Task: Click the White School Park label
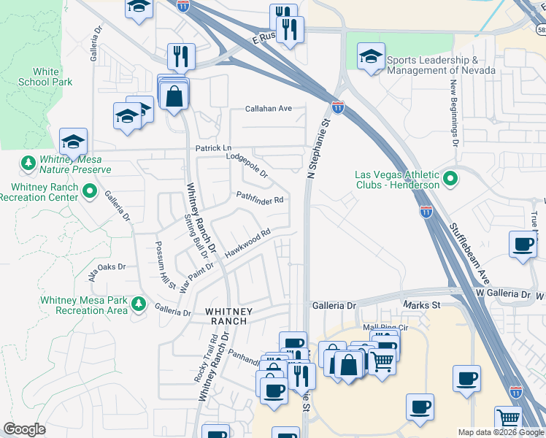point(53,77)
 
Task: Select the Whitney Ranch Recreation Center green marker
point(91,192)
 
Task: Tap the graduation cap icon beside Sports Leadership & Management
point(371,55)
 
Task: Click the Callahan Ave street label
point(268,109)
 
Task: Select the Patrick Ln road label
point(212,148)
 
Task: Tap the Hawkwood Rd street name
point(247,242)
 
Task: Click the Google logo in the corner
point(24,429)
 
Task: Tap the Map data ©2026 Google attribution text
point(501,432)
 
